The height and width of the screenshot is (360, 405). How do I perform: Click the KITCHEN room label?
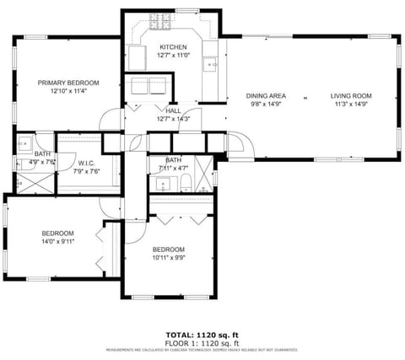(173, 46)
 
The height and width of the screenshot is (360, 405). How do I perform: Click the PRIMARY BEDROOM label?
(68, 83)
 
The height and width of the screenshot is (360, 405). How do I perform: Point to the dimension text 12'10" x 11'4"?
(68, 92)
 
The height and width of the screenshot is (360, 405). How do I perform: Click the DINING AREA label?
(265, 95)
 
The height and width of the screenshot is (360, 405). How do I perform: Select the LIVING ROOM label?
(351, 95)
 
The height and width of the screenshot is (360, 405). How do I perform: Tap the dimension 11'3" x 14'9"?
(351, 105)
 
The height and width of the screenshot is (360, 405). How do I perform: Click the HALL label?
(173, 110)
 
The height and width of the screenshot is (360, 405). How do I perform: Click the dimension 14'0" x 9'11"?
(58, 242)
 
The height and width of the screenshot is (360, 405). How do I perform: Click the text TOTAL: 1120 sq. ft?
(202, 335)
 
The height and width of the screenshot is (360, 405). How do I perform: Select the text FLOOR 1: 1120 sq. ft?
(202, 343)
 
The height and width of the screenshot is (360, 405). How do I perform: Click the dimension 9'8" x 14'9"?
(265, 105)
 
